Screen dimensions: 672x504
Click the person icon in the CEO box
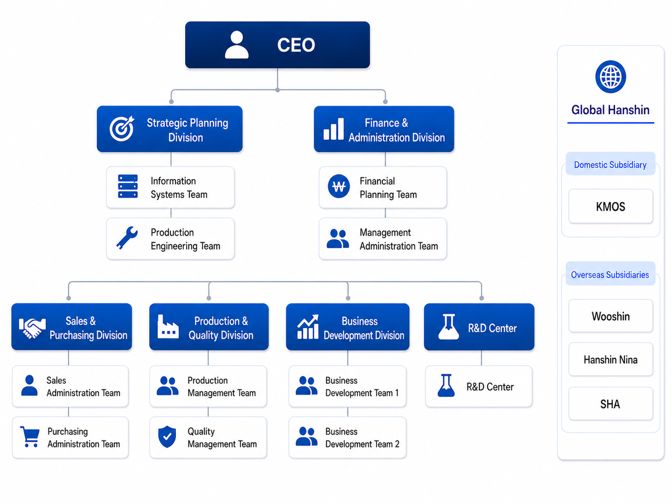click(x=236, y=45)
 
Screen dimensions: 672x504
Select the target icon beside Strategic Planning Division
click(x=122, y=129)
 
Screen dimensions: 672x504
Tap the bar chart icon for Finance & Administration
click(x=333, y=129)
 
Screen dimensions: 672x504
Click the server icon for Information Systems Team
click(x=128, y=187)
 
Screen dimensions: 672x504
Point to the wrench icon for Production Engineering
click(x=127, y=238)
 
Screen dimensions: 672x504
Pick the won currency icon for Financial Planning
click(x=339, y=187)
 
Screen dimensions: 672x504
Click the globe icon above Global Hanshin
click(x=610, y=77)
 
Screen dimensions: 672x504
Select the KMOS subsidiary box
click(x=610, y=206)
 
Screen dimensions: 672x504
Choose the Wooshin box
click(x=610, y=316)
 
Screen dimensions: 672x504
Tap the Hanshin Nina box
click(x=610, y=359)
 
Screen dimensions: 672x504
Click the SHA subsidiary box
click(x=610, y=404)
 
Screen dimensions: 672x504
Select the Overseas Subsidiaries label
click(x=610, y=274)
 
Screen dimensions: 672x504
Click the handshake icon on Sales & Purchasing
click(x=32, y=328)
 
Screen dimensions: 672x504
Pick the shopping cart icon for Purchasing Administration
click(x=30, y=437)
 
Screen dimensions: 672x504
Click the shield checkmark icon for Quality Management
click(x=167, y=437)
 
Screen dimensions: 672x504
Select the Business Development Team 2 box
click(x=348, y=437)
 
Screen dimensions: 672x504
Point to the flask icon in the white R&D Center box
click(x=446, y=386)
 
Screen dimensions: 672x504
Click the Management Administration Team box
click(x=383, y=239)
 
